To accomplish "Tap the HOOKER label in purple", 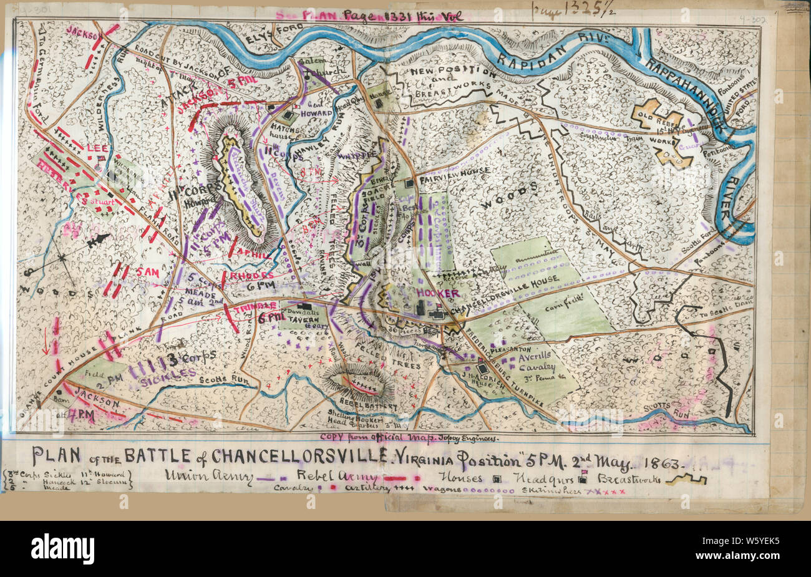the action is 438,293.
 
